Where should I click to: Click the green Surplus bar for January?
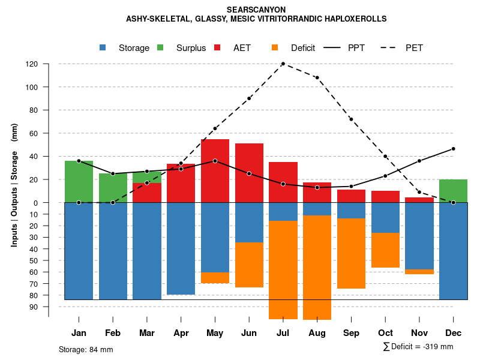click(79, 181)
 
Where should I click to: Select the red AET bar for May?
click(215, 171)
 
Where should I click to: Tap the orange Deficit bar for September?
click(351, 253)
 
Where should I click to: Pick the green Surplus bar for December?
click(453, 191)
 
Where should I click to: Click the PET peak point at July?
click(283, 64)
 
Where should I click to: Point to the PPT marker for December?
click(453, 149)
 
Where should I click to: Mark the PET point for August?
click(317, 77)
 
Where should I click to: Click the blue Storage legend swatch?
click(103, 48)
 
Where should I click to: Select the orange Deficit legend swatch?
click(275, 48)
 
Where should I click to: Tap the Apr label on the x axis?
click(181, 333)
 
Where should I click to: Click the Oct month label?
click(385, 333)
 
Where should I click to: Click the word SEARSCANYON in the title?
click(256, 10)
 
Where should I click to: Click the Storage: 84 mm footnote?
click(86, 349)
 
